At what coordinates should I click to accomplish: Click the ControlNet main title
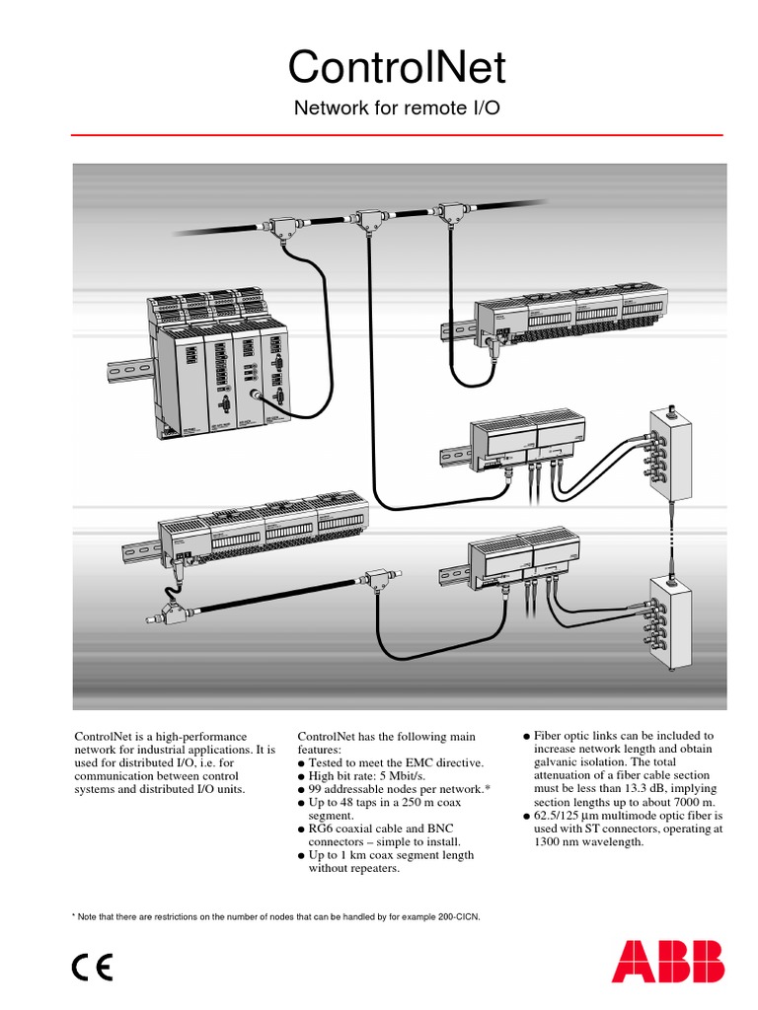coord(398,67)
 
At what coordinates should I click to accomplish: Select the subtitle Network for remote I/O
coord(398,108)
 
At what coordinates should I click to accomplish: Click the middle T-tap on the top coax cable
coord(372,218)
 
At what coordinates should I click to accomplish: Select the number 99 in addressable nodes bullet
coord(317,790)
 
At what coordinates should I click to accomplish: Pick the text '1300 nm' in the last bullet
coord(559,842)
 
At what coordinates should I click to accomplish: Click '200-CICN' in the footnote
coord(452,917)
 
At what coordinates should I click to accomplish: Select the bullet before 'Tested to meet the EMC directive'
coord(301,764)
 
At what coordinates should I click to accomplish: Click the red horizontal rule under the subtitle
coord(398,134)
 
